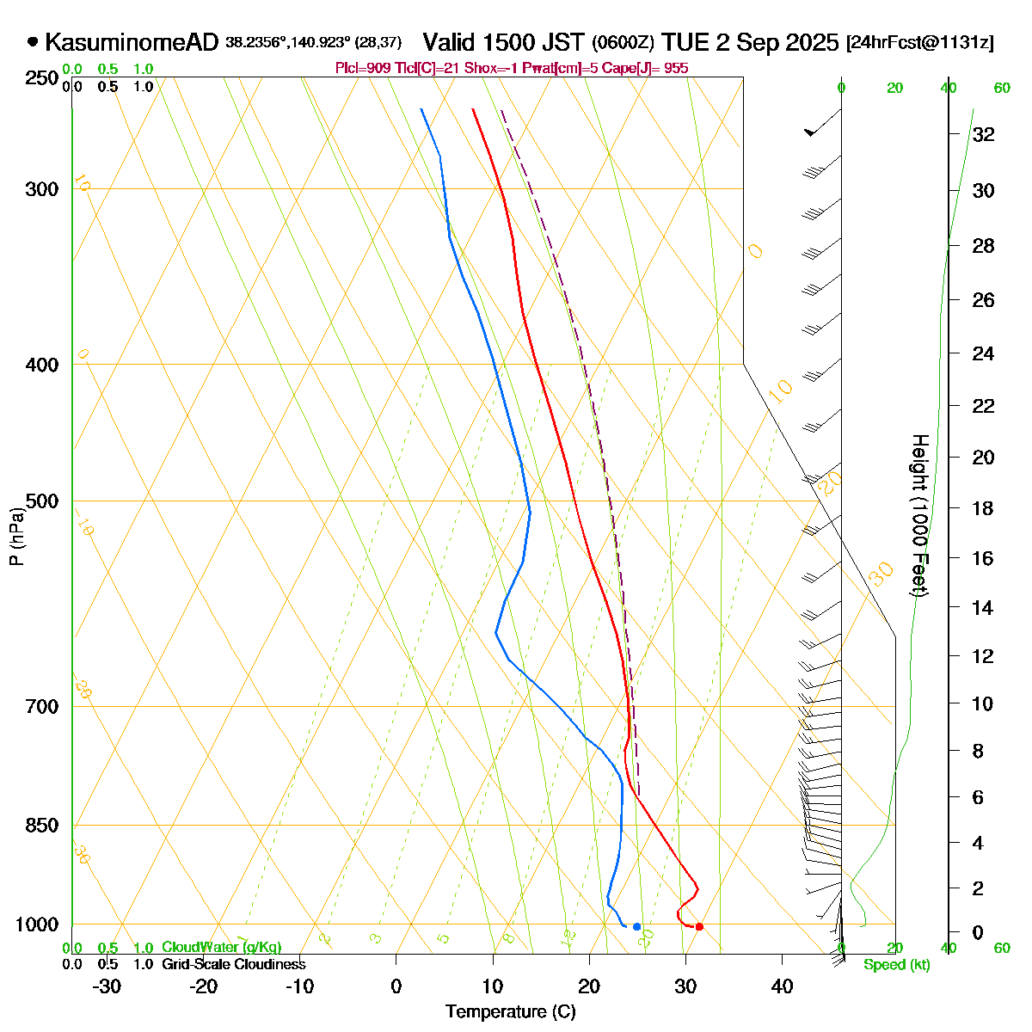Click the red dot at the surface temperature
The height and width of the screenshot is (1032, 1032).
pyautogui.click(x=699, y=926)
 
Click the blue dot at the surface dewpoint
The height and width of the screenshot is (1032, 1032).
pyautogui.click(x=636, y=926)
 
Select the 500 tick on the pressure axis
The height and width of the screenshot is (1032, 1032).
pyautogui.click(x=43, y=501)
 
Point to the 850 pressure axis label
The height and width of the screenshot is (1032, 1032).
pyautogui.click(x=43, y=826)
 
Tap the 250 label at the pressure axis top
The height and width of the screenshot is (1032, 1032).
pyautogui.click(x=43, y=78)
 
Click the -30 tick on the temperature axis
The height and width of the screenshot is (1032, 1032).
pyautogui.click(x=107, y=986)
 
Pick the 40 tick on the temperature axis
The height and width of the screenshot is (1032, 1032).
pyautogui.click(x=782, y=986)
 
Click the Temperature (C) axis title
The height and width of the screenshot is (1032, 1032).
pyautogui.click(x=510, y=1011)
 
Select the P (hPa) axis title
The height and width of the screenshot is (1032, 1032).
pyautogui.click(x=16, y=536)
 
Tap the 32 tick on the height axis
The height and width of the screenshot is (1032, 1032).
pyautogui.click(x=983, y=134)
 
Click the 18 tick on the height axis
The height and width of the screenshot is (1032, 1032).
pyautogui.click(x=983, y=508)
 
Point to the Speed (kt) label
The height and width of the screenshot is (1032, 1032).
pyautogui.click(x=897, y=965)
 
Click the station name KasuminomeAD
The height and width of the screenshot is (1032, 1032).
pyautogui.click(x=132, y=42)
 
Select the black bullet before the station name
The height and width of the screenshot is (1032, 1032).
pyautogui.click(x=33, y=41)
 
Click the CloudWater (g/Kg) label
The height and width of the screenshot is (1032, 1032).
pyautogui.click(x=221, y=948)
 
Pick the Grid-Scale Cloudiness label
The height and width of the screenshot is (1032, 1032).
pyautogui.click(x=233, y=965)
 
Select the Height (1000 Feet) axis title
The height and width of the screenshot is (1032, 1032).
pyautogui.click(x=919, y=516)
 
